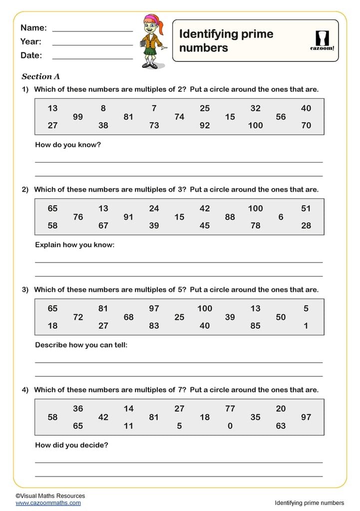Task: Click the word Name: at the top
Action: pyautogui.click(x=33, y=28)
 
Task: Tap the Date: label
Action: pyautogui.click(x=31, y=55)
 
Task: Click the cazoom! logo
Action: pyautogui.click(x=322, y=40)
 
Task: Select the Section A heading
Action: pyautogui.click(x=40, y=76)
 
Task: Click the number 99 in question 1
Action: pyautogui.click(x=78, y=117)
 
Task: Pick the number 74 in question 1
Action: pyautogui.click(x=179, y=117)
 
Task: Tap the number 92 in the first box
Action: pyautogui.click(x=205, y=126)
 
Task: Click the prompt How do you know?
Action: pyautogui.click(x=68, y=145)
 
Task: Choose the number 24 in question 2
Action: pyautogui.click(x=154, y=209)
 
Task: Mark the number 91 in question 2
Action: pyautogui.click(x=128, y=217)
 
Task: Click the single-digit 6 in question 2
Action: pyautogui.click(x=281, y=217)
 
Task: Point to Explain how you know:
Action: pyautogui.click(x=75, y=245)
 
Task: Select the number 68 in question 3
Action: pyautogui.click(x=128, y=317)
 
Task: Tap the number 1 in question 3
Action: pyautogui.click(x=306, y=326)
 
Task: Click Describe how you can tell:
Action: pyautogui.click(x=81, y=345)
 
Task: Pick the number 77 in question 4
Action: pyautogui.click(x=230, y=409)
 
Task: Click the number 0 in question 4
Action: pyautogui.click(x=230, y=426)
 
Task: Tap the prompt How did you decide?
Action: pyautogui.click(x=71, y=445)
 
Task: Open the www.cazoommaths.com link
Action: pyautogui.click(x=48, y=503)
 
